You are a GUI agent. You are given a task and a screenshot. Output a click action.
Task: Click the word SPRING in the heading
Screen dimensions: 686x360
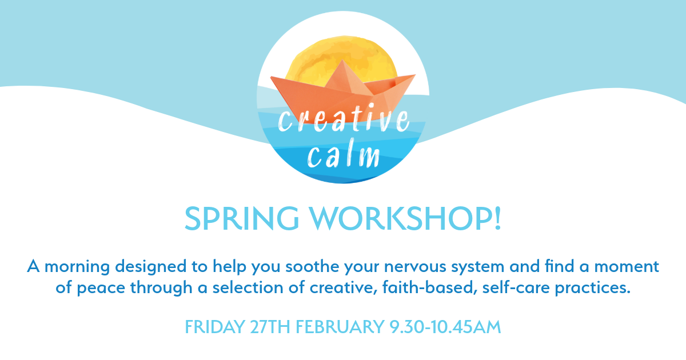[x=242, y=218]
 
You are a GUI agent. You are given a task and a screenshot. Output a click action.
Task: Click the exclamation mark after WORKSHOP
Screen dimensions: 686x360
[x=498, y=218]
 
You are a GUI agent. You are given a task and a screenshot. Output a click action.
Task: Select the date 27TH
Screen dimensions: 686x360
[x=270, y=327]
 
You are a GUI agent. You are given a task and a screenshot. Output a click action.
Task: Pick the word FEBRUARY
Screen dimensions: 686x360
[x=340, y=327]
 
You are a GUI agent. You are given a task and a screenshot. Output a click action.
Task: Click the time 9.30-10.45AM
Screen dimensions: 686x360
[x=445, y=327]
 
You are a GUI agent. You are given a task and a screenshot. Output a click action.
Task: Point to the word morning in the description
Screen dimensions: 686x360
[x=77, y=266]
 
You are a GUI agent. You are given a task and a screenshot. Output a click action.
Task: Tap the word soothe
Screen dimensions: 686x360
[x=312, y=266]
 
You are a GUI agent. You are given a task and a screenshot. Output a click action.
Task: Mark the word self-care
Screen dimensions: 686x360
[x=516, y=287]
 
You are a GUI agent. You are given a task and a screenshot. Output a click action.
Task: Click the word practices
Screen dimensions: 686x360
[x=593, y=288]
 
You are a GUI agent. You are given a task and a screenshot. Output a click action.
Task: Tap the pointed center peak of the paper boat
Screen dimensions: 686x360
[x=342, y=60]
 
